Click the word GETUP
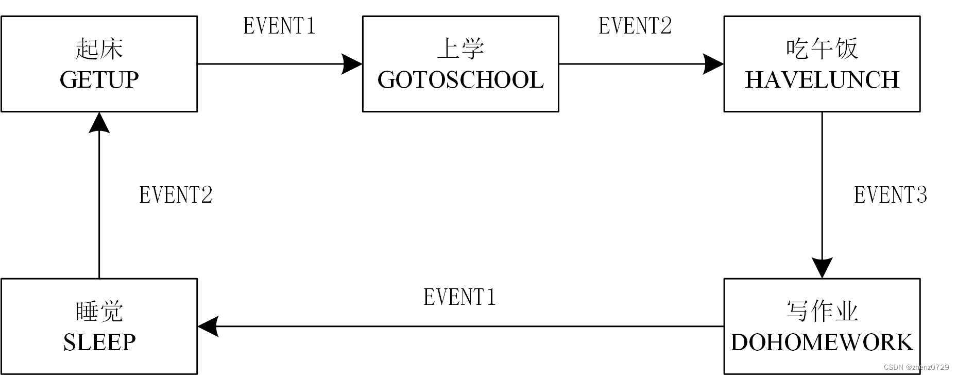(x=99, y=80)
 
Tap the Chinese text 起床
(x=99, y=49)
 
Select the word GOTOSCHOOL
(x=460, y=80)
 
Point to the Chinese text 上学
(x=460, y=49)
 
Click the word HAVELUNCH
(x=822, y=80)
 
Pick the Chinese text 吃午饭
(x=822, y=49)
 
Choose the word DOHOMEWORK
(x=822, y=343)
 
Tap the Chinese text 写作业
(x=822, y=312)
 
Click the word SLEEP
(x=99, y=343)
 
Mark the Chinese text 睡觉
(x=99, y=312)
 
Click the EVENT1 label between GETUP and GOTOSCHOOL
(x=279, y=26)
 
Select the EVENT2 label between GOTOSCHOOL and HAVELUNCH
(x=635, y=26)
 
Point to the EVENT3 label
(x=891, y=195)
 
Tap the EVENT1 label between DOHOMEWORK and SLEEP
(x=459, y=297)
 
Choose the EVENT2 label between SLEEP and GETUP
(x=176, y=195)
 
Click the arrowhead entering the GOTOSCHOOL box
(x=353, y=64)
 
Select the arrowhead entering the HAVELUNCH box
(x=714, y=64)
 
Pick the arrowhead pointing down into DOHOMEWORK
(x=822, y=268)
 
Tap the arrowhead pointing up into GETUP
(x=99, y=122)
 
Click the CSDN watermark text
(x=916, y=367)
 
